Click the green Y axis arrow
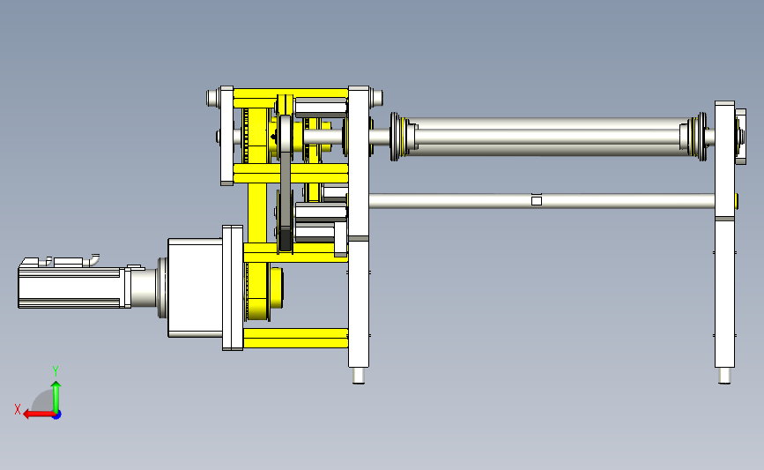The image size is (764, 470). (x=56, y=397)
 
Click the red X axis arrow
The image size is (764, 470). (x=39, y=414)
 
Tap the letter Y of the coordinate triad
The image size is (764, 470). (x=56, y=371)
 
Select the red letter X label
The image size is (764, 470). (x=18, y=409)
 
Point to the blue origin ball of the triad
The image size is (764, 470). (x=57, y=415)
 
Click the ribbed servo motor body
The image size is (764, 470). (x=71, y=287)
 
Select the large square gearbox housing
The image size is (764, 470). (x=196, y=287)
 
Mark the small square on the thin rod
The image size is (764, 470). (x=537, y=201)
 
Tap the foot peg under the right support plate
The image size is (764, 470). (x=724, y=376)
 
